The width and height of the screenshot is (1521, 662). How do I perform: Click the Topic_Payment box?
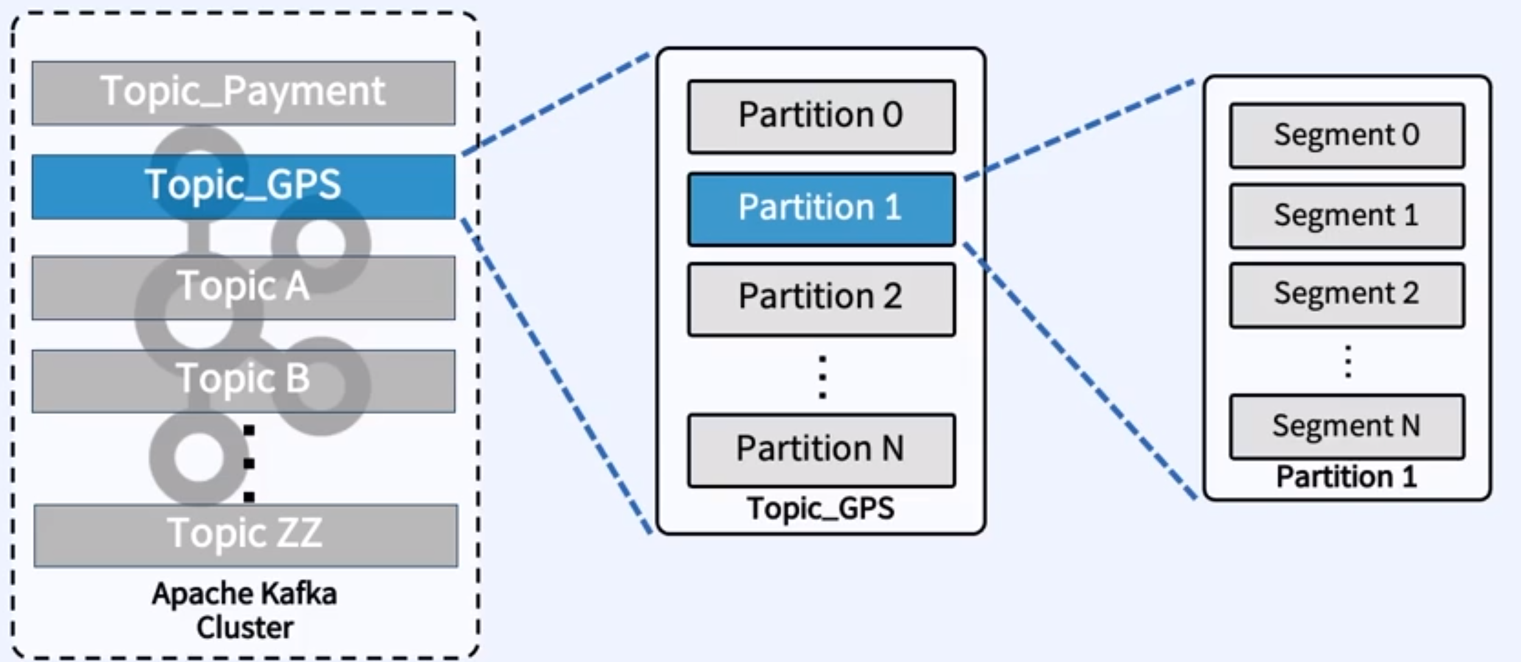(x=244, y=93)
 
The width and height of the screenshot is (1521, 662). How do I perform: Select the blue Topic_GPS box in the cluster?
(x=244, y=186)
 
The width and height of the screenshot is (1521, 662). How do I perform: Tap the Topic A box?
(x=244, y=287)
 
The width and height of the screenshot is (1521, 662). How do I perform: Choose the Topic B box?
(x=244, y=381)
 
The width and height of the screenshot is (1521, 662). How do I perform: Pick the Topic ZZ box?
(x=245, y=535)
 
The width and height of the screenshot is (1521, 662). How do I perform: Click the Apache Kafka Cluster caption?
(x=244, y=610)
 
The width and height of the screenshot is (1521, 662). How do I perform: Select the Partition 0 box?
(x=822, y=116)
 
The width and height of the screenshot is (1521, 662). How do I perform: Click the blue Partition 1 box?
(x=822, y=210)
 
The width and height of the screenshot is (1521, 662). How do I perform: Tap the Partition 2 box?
(x=822, y=299)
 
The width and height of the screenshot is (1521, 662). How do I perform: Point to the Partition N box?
(x=822, y=451)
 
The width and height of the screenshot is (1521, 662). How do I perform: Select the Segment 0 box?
(x=1347, y=135)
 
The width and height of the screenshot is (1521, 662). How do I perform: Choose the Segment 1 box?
(x=1347, y=216)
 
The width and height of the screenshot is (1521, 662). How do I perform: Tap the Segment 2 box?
(x=1347, y=295)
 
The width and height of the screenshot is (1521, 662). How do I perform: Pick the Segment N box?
(x=1347, y=426)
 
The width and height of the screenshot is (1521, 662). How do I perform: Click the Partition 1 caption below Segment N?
(x=1347, y=476)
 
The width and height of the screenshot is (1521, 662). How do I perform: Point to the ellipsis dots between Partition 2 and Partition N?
(x=822, y=378)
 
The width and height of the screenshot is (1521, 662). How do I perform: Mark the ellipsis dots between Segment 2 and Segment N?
(x=1348, y=362)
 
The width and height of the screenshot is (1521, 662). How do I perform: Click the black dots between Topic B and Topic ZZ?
(x=249, y=464)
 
